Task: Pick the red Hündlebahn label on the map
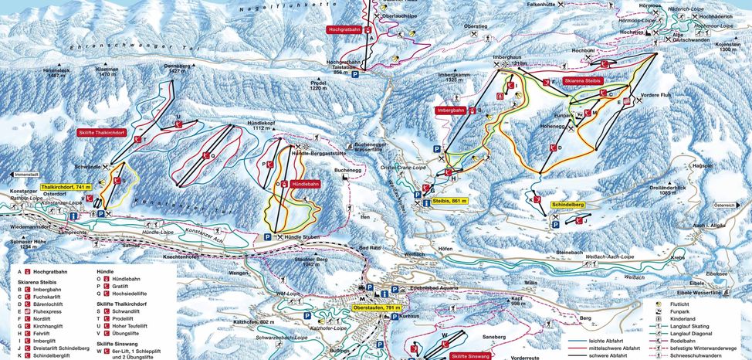pyautogui.click(x=306, y=185)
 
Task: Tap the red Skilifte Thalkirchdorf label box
pyautogui.click(x=100, y=133)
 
